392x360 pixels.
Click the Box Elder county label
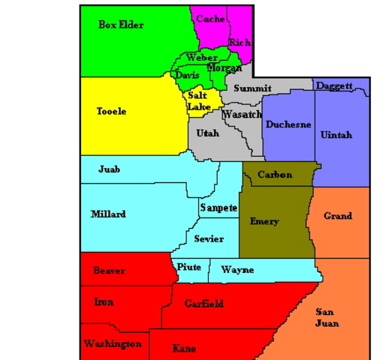coord(121,25)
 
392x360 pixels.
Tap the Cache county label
coord(211,19)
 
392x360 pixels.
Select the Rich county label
coord(240,43)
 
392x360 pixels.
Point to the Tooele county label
coord(112,112)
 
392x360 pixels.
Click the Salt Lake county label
coord(198,101)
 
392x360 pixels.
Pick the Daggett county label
coord(334,86)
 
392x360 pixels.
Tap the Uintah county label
coord(336,135)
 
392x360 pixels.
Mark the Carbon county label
coord(274,175)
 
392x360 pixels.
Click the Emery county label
coord(264,221)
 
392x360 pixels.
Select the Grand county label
coord(338,216)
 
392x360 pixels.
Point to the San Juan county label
coord(327,317)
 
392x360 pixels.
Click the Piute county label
coord(188,268)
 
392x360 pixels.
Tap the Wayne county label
coord(237,270)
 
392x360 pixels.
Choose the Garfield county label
coord(204,304)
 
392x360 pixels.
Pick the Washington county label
coord(113,343)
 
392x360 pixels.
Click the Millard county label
coord(108,214)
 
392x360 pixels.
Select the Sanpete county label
coord(219,208)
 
